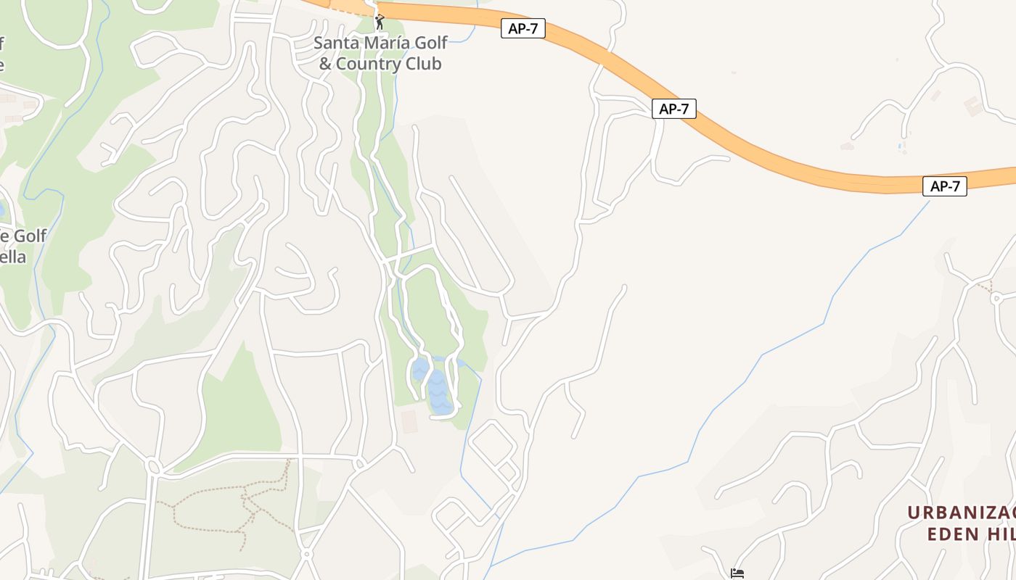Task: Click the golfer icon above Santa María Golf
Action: point(379,22)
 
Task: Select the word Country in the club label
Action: point(369,64)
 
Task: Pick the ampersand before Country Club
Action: point(325,64)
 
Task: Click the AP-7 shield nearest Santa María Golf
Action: point(523,29)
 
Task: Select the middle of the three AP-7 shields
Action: point(674,109)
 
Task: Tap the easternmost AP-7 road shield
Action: point(945,186)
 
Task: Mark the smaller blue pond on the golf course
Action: point(419,370)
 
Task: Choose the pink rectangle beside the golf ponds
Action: point(409,421)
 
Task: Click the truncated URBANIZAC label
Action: point(961,513)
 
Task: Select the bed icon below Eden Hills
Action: point(737,574)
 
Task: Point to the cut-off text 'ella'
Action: point(13,257)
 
